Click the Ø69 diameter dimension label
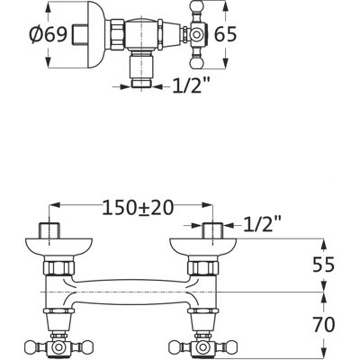pos(48,35)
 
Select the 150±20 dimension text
pos(138,208)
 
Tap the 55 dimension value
pos(323,265)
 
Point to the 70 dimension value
pos(323,325)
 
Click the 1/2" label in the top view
pos(191,86)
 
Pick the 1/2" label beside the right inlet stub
pos(262,224)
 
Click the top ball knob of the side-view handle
pos(197,7)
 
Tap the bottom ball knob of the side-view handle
pos(197,63)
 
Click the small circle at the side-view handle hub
pos(196,35)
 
